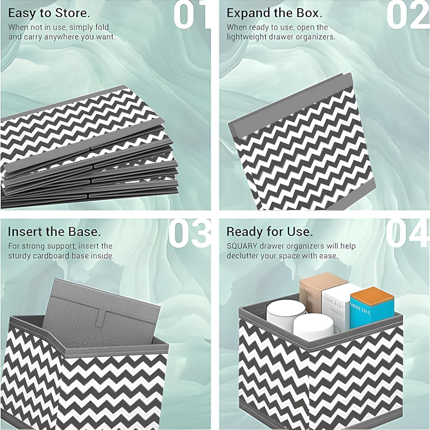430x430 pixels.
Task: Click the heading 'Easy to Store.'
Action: tap(49, 13)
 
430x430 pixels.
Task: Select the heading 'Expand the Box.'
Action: tap(274, 13)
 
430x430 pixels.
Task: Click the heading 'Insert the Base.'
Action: tap(54, 232)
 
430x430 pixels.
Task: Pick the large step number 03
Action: tap(189, 234)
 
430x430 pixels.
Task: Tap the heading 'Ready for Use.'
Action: tap(269, 232)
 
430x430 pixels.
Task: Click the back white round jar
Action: tap(285, 312)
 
